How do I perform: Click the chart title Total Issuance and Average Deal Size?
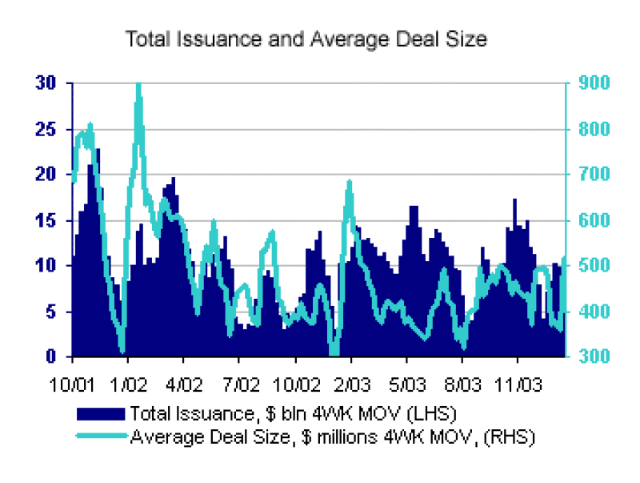(x=306, y=39)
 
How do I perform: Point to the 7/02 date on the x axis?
(x=239, y=382)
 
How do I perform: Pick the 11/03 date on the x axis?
(x=517, y=382)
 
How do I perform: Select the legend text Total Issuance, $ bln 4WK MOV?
(x=291, y=413)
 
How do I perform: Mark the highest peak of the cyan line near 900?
(x=138, y=84)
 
